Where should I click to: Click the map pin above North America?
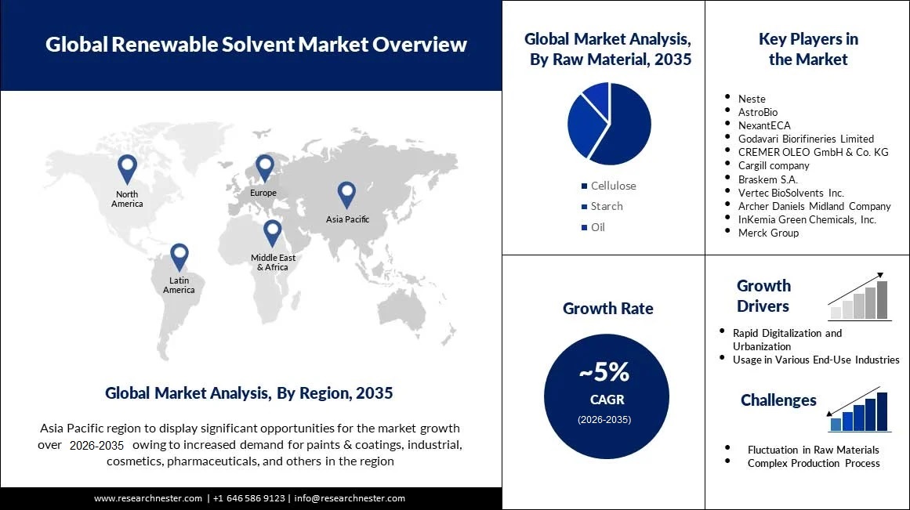click(x=127, y=168)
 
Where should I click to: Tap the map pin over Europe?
click(x=265, y=166)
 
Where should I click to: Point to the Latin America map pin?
click(x=179, y=255)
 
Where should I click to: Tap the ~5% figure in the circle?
click(x=604, y=371)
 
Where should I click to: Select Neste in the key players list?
click(x=752, y=99)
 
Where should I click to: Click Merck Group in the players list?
click(x=768, y=233)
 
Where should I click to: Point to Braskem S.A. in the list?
click(x=769, y=179)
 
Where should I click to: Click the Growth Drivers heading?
click(x=763, y=295)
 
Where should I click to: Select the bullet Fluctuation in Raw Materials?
click(x=813, y=450)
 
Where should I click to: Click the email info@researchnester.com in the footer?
click(x=350, y=498)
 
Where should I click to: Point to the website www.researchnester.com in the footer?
click(x=148, y=498)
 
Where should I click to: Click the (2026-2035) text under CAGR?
click(x=604, y=420)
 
